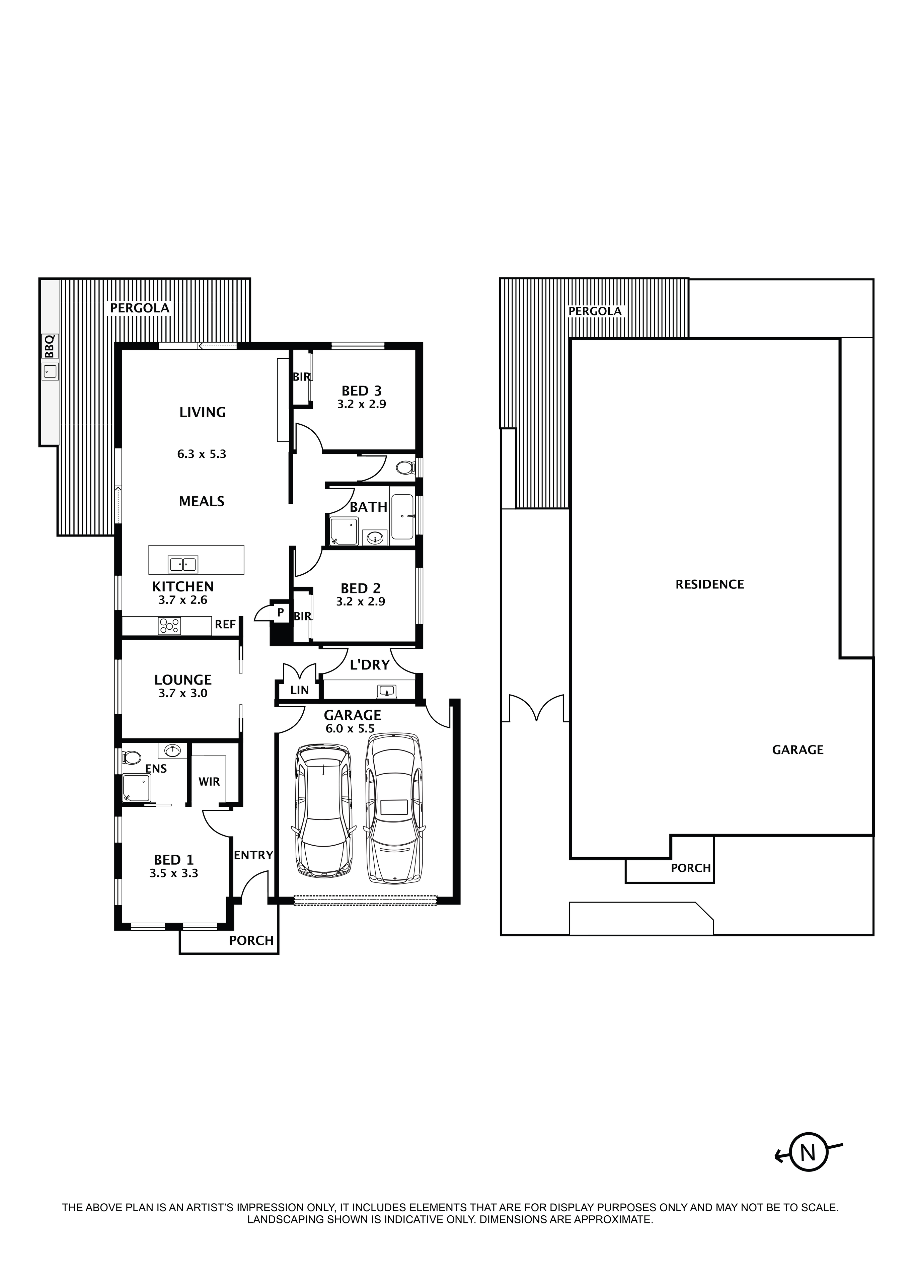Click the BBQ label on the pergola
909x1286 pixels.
pos(49,346)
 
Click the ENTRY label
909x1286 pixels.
pos(253,855)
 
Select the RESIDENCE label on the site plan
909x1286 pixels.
pos(709,585)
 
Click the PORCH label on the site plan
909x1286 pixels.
pos(691,868)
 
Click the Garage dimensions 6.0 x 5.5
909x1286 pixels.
pos(350,729)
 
